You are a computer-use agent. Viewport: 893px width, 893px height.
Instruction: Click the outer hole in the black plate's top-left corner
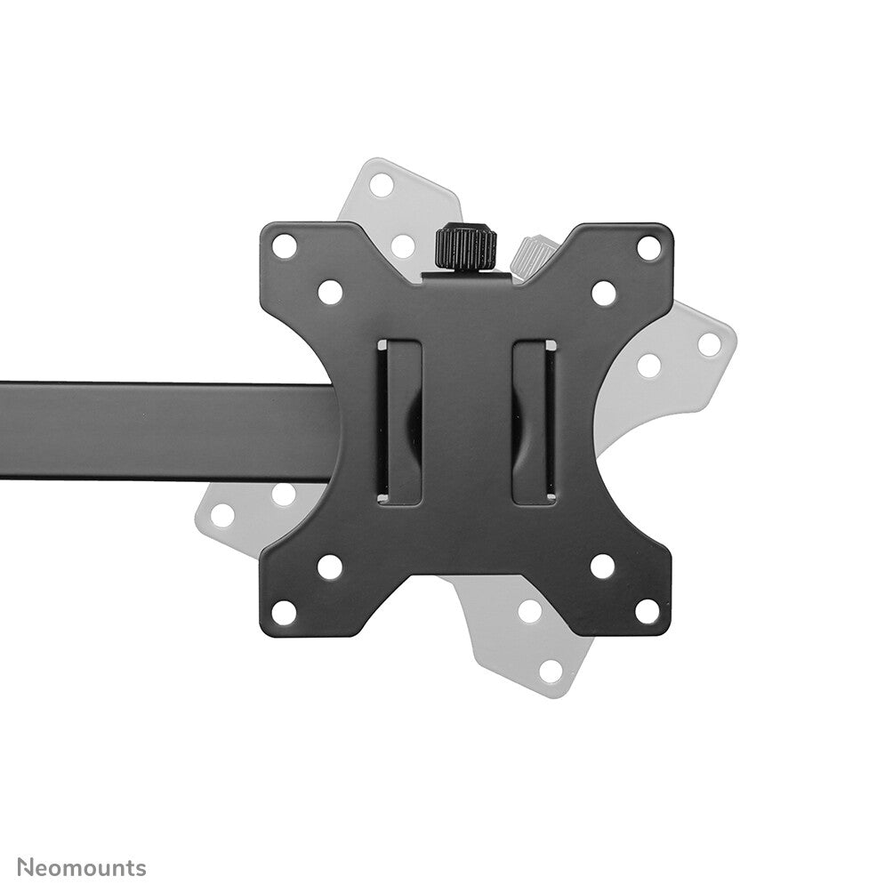(284, 246)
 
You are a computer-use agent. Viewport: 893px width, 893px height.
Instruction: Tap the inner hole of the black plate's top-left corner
(330, 291)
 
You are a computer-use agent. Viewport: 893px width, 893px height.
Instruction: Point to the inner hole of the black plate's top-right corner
(604, 292)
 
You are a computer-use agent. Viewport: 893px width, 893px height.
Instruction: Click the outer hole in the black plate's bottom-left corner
(284, 612)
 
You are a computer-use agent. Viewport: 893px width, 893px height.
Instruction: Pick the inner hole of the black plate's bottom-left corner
(330, 567)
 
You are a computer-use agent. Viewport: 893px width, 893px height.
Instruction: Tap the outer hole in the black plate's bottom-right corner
(648, 612)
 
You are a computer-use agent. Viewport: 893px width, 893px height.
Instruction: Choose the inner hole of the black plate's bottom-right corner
(603, 567)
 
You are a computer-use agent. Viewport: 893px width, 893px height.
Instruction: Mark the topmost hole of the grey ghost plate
(382, 185)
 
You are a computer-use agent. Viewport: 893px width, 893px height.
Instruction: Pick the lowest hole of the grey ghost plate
(551, 671)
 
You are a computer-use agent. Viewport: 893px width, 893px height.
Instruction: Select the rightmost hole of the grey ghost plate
(709, 344)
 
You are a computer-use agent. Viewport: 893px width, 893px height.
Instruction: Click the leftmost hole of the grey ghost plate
(222, 514)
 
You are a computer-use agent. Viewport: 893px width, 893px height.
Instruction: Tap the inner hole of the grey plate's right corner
(649, 366)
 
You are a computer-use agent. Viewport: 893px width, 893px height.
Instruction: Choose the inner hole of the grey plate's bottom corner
(530, 611)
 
